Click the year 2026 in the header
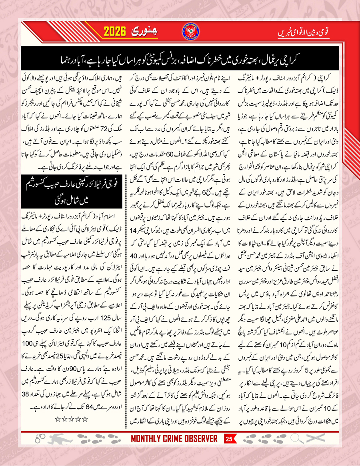tap(117, 31)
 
